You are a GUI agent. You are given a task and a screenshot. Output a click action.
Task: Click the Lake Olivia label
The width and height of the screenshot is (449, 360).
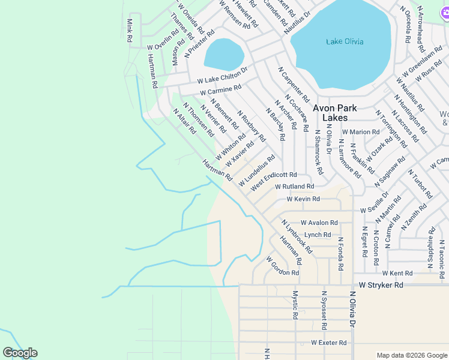[345, 41]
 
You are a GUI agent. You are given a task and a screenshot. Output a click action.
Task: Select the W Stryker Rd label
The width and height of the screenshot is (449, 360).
[381, 285]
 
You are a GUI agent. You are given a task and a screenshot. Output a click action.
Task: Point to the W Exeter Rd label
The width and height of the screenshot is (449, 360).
[328, 343]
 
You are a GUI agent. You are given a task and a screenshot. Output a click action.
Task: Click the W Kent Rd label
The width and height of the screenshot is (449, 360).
[397, 273]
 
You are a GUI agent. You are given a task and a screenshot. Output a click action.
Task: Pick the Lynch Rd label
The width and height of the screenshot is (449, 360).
[318, 235]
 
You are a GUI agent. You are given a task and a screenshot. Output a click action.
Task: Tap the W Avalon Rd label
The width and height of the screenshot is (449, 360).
[319, 222]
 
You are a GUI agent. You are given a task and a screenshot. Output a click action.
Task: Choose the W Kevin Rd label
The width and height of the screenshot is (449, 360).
[303, 199]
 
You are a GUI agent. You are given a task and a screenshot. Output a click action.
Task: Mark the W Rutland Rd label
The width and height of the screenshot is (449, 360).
[294, 187]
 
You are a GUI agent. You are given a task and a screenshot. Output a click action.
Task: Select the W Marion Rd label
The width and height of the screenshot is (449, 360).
[361, 131]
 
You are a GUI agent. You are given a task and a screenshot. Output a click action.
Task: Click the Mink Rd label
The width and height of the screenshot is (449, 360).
[129, 31]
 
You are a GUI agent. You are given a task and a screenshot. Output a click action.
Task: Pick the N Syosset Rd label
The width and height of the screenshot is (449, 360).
[324, 311]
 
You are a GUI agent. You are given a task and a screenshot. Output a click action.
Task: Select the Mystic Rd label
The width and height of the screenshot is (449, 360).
[295, 305]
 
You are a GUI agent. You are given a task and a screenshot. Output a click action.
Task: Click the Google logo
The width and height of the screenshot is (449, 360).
[20, 353]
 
